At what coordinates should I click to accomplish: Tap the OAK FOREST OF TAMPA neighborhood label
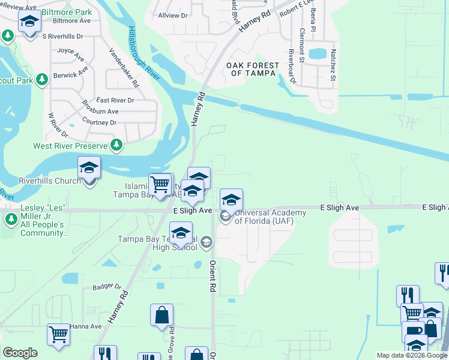(253, 69)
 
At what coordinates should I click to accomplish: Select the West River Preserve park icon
(117, 145)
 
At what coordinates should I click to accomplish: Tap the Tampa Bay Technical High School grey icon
(206, 242)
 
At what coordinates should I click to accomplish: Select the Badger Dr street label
(107, 287)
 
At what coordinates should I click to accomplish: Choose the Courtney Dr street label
(99, 122)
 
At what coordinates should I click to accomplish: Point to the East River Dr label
(115, 100)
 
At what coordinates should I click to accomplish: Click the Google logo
(20, 352)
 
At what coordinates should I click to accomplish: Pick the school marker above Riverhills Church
(89, 168)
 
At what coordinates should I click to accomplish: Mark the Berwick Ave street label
(70, 75)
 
